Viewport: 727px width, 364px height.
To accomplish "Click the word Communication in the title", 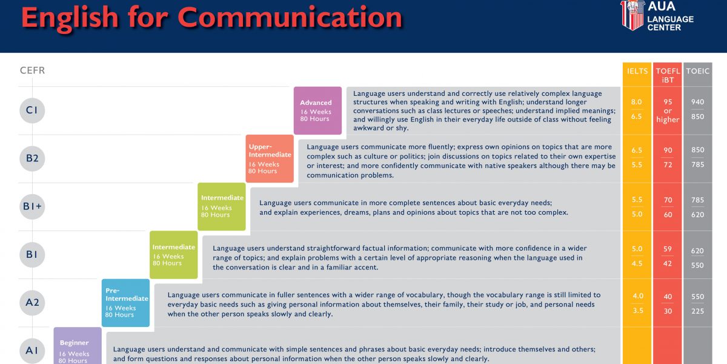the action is (290, 18).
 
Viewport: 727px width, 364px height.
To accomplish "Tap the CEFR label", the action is (33, 70).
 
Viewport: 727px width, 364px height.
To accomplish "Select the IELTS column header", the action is (637, 71).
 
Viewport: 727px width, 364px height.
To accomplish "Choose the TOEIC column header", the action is (697, 71).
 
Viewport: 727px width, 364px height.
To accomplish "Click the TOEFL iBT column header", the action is (668, 75).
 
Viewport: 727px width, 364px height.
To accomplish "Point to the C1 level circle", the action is (32, 110).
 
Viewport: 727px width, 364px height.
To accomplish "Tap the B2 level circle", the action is (32, 158).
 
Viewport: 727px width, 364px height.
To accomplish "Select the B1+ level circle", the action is (32, 206).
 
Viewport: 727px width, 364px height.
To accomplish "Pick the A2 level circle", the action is (32, 303).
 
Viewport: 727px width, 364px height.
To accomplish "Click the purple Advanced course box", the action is (317, 110).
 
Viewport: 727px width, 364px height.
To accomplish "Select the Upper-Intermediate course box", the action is (270, 158).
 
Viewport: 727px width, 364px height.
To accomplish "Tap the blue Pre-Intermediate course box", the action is (125, 303).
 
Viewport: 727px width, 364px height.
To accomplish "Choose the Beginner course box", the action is (78, 346).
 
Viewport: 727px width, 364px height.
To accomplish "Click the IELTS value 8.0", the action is (637, 102).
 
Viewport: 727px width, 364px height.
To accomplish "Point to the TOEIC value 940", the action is (697, 102).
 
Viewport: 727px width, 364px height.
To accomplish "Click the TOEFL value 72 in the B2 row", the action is (668, 165).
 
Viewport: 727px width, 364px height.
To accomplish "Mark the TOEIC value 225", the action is (697, 311).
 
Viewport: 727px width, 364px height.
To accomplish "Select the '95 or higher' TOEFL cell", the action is (668, 111).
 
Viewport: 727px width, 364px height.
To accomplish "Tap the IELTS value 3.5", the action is (638, 311).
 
